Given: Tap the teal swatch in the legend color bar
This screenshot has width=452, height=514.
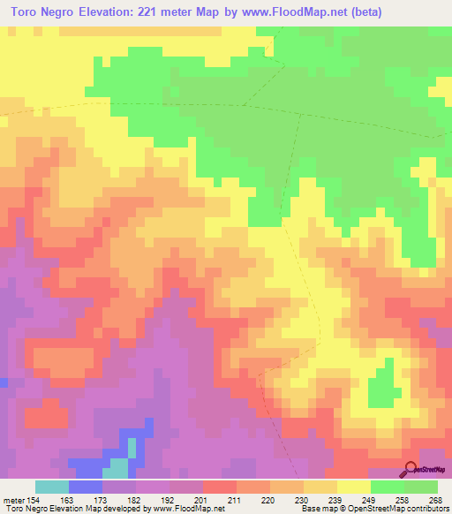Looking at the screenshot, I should [x=52, y=487].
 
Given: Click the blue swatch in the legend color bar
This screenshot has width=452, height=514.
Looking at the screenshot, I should [x=86, y=487].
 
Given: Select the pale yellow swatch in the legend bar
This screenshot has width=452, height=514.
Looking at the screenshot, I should [x=354, y=487].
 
